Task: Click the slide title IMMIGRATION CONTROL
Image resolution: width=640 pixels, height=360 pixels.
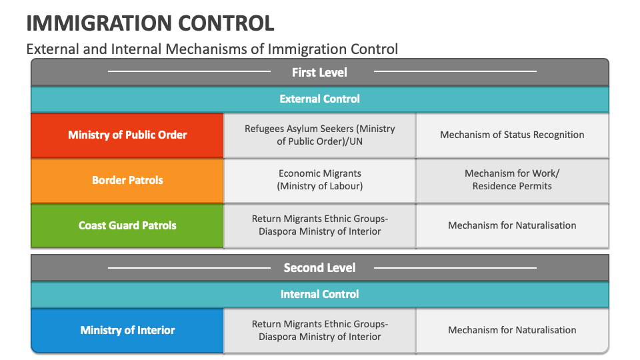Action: [150, 23]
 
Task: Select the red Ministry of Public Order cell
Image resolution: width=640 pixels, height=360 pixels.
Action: [127, 135]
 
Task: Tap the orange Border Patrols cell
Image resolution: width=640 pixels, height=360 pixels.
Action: [127, 180]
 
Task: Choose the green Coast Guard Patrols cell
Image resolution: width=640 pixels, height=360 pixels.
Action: [127, 225]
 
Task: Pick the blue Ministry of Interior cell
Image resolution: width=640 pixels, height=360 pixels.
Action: [127, 330]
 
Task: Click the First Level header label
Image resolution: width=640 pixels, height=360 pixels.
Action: [319, 72]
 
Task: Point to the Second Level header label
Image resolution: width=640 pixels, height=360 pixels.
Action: [319, 268]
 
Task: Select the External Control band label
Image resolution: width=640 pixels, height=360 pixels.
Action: [319, 99]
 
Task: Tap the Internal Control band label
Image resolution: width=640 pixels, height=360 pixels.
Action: [319, 294]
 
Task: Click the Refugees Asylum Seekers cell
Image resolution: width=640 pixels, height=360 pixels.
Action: [319, 135]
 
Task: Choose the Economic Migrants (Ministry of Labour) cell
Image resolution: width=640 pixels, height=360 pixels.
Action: [319, 180]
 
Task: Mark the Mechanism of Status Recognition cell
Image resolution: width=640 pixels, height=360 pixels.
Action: [512, 135]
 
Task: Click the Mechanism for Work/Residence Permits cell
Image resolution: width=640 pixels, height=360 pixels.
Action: [512, 180]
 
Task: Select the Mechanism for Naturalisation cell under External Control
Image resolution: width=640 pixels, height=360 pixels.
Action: [512, 225]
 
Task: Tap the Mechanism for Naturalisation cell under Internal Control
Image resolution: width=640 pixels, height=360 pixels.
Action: [512, 330]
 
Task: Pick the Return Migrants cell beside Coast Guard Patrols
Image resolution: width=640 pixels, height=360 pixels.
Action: [319, 225]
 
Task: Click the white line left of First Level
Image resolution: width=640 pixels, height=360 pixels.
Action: [189, 71]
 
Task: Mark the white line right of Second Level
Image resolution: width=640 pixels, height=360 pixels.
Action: [455, 268]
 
